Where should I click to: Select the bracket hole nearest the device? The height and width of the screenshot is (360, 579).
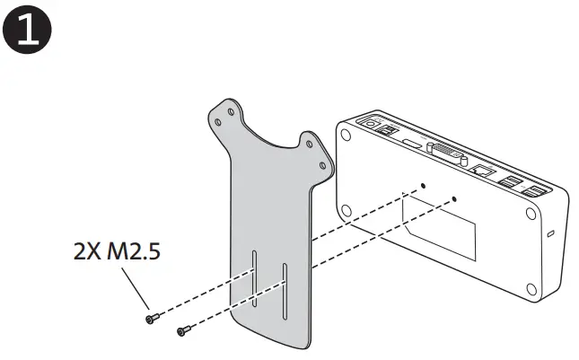point(320,163)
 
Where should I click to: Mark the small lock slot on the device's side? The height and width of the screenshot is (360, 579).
point(551,234)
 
